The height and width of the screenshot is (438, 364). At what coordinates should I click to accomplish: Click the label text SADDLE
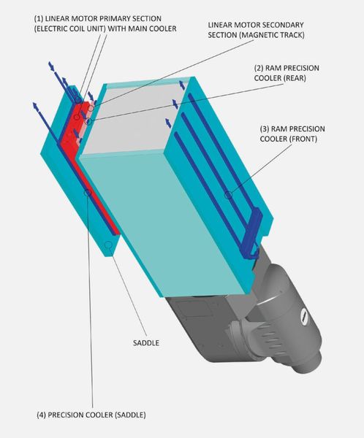(x=146, y=343)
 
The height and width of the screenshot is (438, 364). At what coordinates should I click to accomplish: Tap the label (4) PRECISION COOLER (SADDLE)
(x=91, y=415)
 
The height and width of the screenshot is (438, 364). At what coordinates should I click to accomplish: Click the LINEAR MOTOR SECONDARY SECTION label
(x=256, y=30)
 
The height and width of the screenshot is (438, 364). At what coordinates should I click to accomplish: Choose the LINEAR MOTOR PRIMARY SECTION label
(x=105, y=23)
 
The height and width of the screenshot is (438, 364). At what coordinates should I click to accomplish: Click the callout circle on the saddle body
(x=108, y=245)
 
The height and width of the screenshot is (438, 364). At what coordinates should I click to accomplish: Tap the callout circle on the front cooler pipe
(x=229, y=195)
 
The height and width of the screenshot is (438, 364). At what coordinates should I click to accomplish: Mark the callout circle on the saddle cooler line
(x=88, y=192)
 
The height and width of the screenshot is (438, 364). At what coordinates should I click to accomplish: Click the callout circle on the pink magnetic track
(x=91, y=108)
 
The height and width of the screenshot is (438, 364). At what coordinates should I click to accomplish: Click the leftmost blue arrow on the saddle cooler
(x=36, y=107)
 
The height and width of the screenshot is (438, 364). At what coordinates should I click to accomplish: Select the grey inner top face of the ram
(x=132, y=120)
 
